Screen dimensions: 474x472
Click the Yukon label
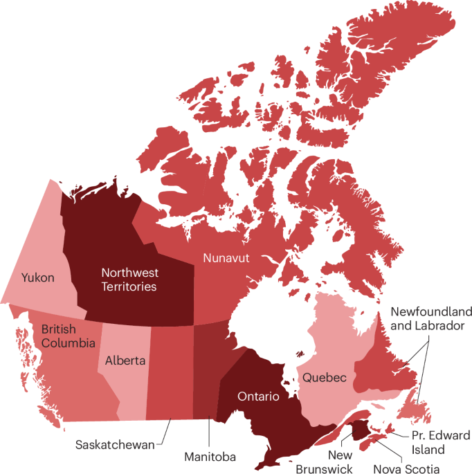coord(38,277)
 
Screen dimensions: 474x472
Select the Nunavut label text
coord(226,258)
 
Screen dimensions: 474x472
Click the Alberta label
coord(125,361)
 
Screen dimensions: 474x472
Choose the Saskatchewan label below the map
coord(114,444)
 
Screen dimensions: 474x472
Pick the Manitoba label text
coord(210,457)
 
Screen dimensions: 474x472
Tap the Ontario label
coord(258,396)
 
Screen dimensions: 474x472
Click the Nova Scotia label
coord(407,468)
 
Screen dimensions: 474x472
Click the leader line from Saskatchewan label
coord(164,435)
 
